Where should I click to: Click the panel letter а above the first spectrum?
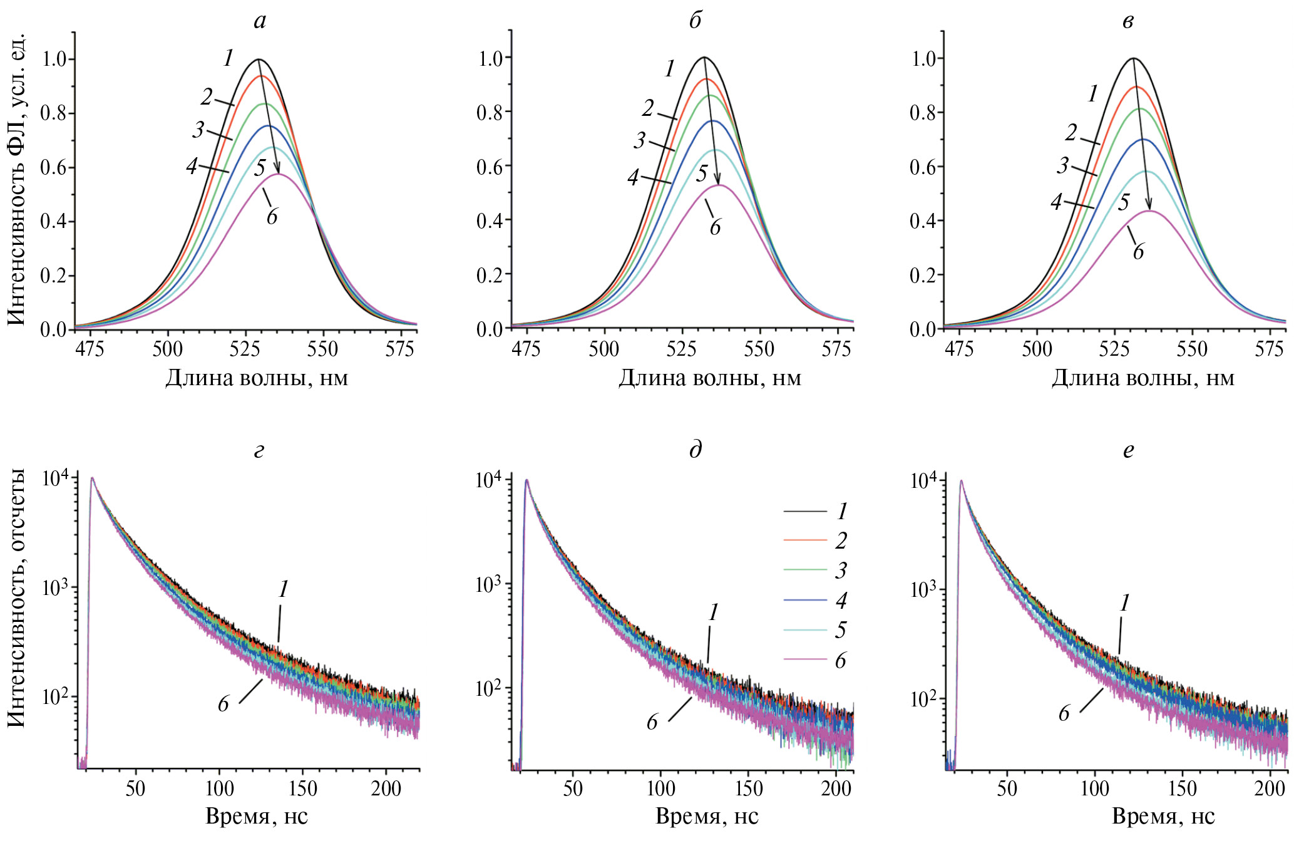[260, 22]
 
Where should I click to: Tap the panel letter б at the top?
[696, 21]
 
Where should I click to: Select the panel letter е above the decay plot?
[1128, 450]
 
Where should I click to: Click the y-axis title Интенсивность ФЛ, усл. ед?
[17, 180]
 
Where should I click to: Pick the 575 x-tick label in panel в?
[1269, 349]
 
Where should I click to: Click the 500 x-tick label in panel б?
[603, 349]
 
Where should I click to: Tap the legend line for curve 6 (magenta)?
[805, 659]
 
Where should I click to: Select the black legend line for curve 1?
[805, 512]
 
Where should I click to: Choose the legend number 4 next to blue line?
[841, 601]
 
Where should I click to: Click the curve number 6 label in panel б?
[715, 227]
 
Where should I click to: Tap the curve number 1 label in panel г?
[284, 589]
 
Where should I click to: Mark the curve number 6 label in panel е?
[1064, 713]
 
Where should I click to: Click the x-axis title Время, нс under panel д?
[707, 817]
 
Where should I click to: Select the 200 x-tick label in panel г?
[386, 788]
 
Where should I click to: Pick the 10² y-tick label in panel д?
[488, 688]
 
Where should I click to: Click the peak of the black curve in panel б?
[704, 57]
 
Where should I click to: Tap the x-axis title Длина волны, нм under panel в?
[1143, 378]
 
